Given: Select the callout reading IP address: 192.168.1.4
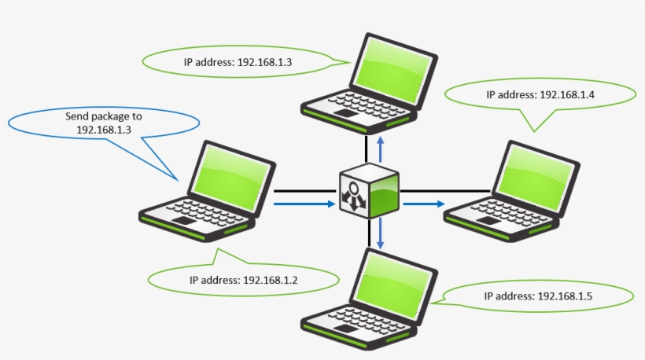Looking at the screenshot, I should pos(540,94).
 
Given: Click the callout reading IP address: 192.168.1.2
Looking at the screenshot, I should pos(243,279).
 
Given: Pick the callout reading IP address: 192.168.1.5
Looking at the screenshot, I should pos(539,296).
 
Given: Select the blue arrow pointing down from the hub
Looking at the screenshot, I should pos(381,233).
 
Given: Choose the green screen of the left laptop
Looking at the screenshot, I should pos(232,175).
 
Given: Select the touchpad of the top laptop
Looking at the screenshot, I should pos(344,114).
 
